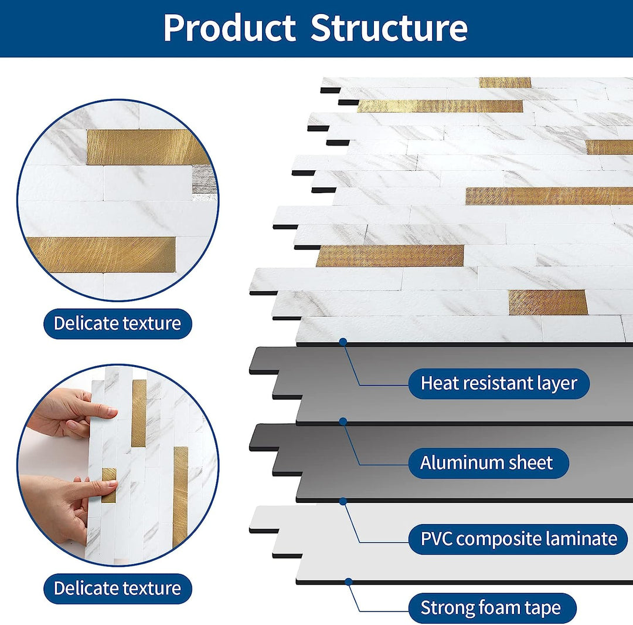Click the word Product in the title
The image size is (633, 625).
(229, 28)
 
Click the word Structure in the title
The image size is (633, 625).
(389, 28)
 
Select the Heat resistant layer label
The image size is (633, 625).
(499, 383)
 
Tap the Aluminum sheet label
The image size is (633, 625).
(486, 462)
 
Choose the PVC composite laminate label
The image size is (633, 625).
(519, 538)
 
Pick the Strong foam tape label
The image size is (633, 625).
(490, 608)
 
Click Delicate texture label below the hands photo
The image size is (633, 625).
(117, 588)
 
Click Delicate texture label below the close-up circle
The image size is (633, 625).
(117, 323)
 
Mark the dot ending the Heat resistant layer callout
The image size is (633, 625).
(343, 341)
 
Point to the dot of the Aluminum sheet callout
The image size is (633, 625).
(343, 421)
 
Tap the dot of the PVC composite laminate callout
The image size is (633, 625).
(343, 501)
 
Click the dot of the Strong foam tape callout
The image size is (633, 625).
(348, 582)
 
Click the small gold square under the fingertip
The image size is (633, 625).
(108, 485)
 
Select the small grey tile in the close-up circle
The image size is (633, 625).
(205, 179)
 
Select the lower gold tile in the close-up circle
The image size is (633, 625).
(101, 255)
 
